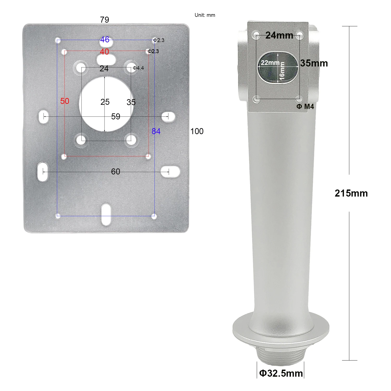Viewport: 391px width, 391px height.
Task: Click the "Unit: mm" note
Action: point(205,15)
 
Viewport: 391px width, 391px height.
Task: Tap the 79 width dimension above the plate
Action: point(105,20)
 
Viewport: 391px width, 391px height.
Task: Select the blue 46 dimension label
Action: point(105,39)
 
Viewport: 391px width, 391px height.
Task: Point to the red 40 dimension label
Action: point(105,52)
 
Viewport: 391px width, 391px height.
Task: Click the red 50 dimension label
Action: point(65,101)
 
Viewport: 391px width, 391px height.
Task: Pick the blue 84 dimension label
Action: point(156,131)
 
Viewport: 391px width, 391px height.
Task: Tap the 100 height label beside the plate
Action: point(197,131)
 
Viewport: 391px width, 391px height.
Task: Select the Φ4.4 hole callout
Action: point(138,68)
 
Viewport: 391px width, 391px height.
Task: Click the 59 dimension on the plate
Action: point(116,116)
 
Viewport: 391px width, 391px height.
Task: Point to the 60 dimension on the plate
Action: point(116,172)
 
